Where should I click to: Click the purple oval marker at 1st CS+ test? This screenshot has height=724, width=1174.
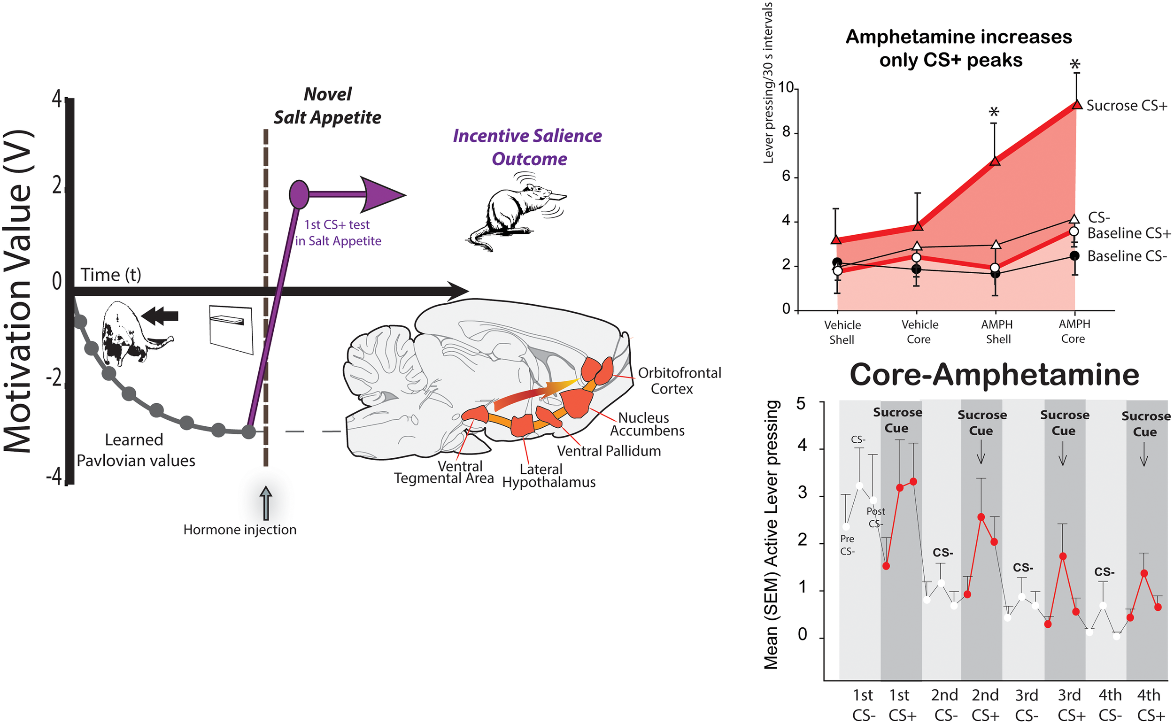299,194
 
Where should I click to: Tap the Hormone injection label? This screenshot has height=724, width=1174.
240,530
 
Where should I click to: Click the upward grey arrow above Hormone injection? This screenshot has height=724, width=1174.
266,503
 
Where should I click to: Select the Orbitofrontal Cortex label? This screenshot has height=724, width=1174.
679,381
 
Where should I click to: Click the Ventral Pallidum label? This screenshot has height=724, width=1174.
609,451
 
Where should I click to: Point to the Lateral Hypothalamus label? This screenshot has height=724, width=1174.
548,476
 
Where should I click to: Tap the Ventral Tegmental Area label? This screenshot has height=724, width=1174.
444,472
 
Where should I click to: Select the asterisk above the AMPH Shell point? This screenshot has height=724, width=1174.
995,113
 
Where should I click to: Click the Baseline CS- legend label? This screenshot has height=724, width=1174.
1127,256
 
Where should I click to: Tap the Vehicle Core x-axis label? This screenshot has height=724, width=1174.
919,332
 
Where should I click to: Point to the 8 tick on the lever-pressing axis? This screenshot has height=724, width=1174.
786,132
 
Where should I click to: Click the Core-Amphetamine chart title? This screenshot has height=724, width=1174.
994,375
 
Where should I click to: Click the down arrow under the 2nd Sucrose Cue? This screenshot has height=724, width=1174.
981,452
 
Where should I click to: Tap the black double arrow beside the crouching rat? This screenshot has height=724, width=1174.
160,316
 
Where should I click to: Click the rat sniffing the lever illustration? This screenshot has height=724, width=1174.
515,211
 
